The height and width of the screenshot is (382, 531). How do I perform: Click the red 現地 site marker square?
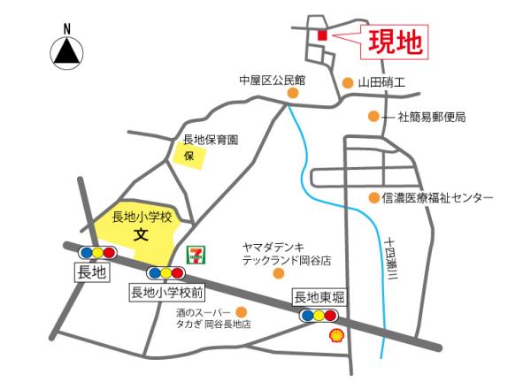[x=321, y=34]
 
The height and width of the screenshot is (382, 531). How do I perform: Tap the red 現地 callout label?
[x=395, y=41]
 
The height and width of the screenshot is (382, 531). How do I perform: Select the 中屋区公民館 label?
[x=271, y=80]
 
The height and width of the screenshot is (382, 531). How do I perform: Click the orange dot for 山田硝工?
[x=348, y=82]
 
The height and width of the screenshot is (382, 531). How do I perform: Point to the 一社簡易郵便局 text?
[x=425, y=116]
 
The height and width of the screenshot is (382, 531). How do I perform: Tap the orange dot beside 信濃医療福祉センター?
[x=374, y=197]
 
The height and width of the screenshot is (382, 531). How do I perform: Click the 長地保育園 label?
[x=211, y=140]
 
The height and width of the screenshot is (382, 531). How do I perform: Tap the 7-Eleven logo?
[x=194, y=254]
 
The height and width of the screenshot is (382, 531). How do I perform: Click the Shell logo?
[x=337, y=334]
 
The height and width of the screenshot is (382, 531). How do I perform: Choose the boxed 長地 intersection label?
[x=90, y=275]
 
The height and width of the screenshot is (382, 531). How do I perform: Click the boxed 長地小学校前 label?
[x=167, y=291]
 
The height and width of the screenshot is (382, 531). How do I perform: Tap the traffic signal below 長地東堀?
[x=319, y=315]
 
